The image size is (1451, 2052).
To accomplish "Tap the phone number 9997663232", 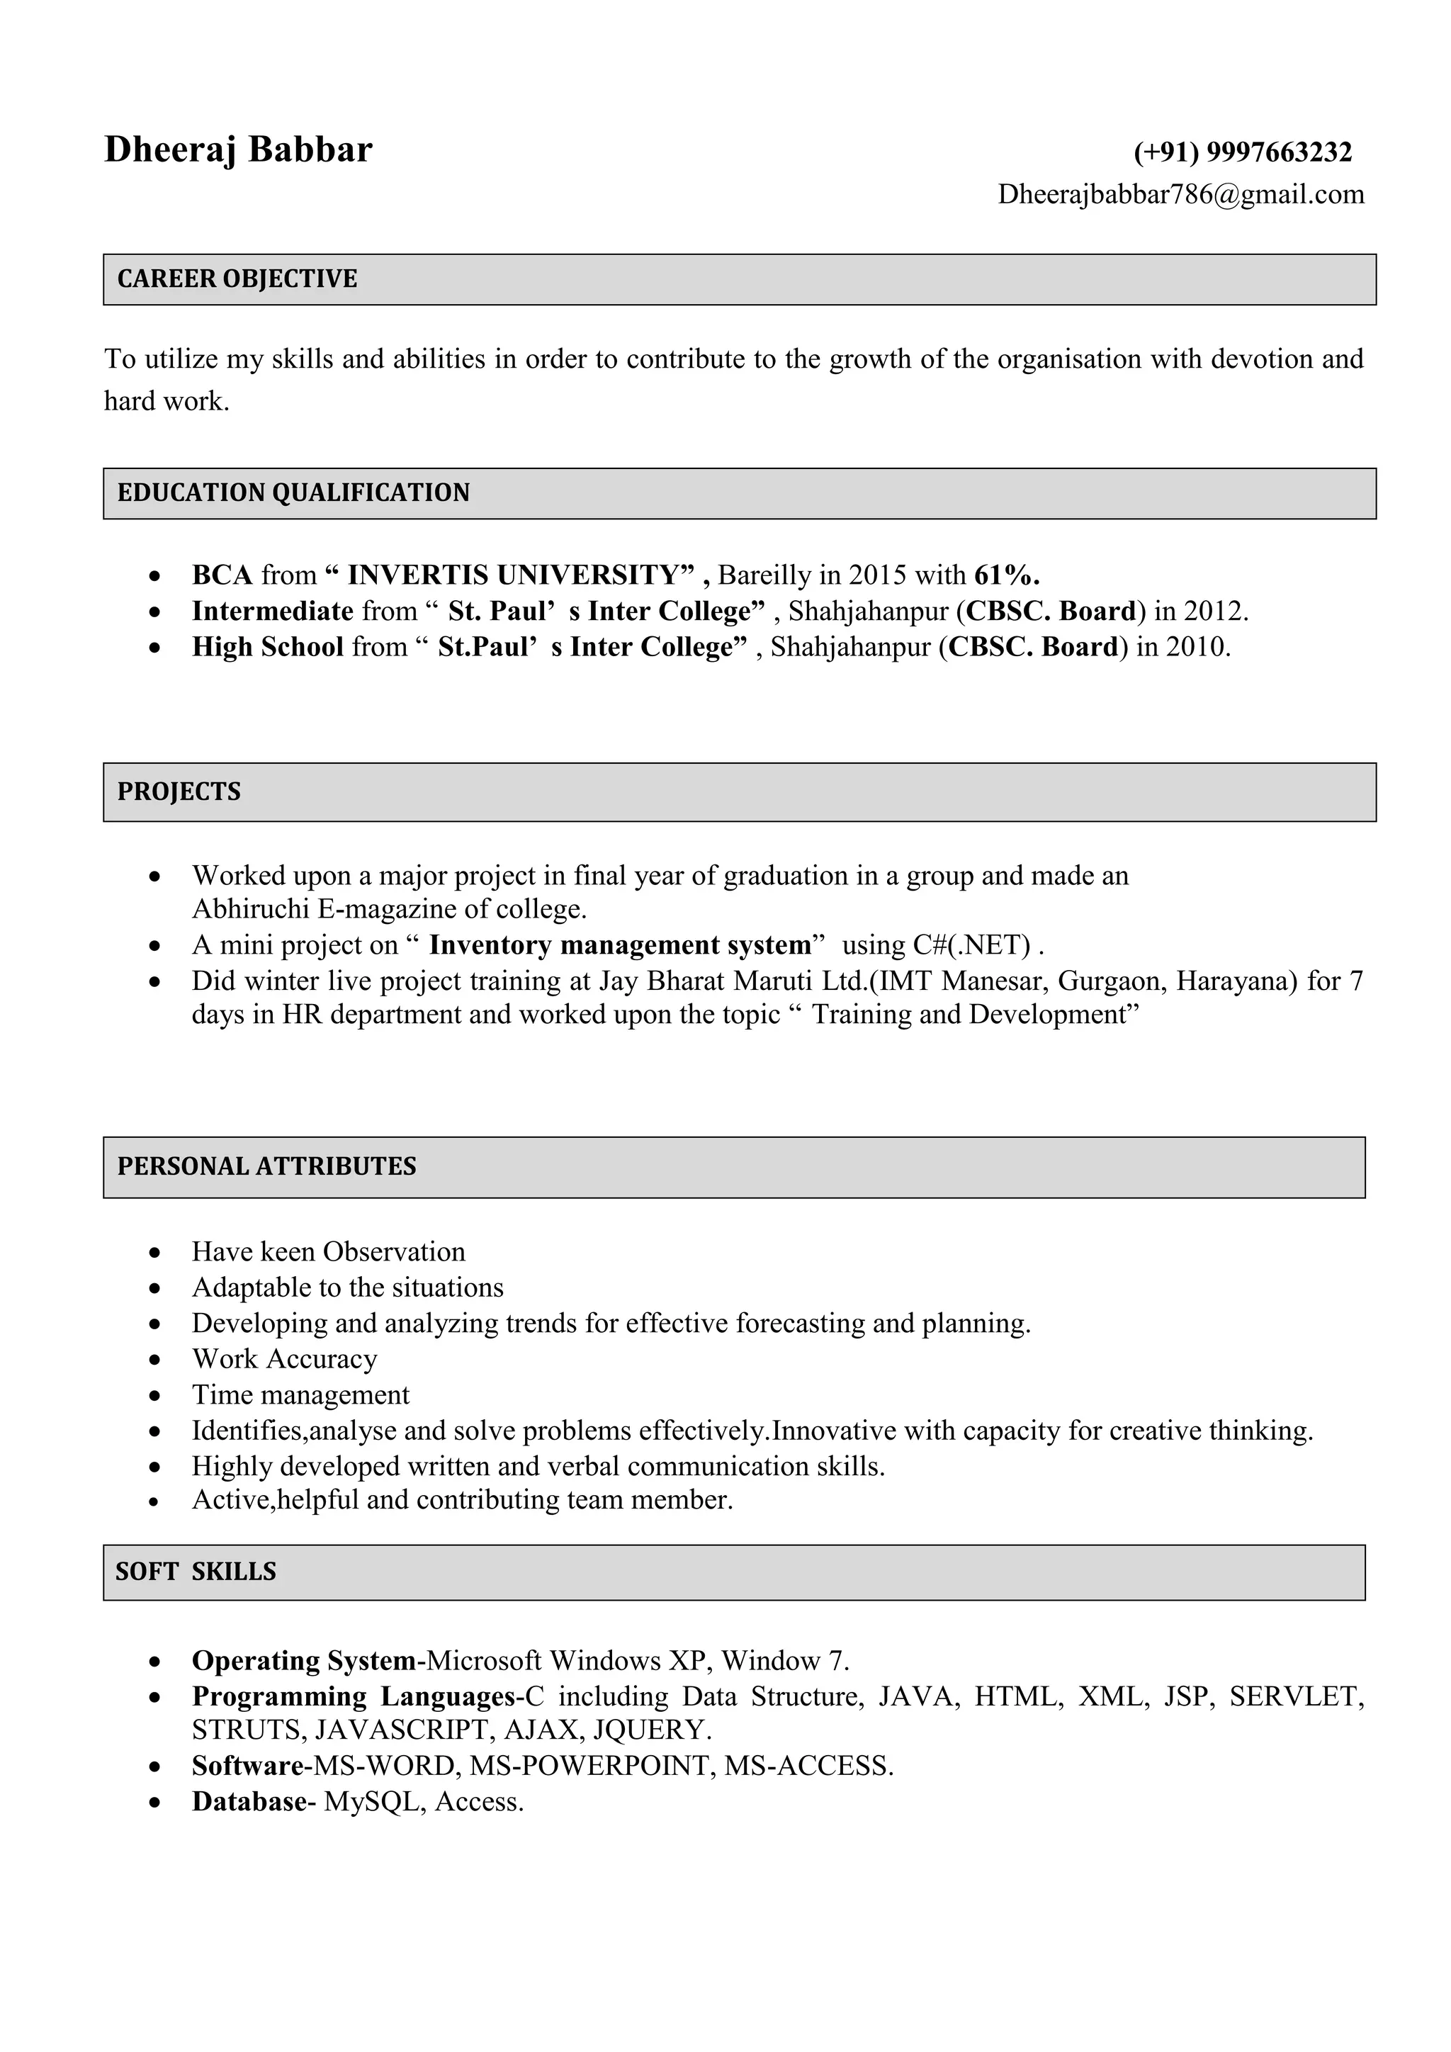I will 1279,152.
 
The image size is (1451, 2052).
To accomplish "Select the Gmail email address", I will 1180,194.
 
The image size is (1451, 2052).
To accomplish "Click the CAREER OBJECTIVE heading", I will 237,279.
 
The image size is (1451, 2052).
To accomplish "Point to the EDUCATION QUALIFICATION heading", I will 293,492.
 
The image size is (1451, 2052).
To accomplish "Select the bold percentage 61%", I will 1006,574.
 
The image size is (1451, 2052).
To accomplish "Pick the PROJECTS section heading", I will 179,792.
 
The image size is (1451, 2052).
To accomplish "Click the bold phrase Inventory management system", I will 619,945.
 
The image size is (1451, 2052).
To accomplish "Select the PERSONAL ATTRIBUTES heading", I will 266,1166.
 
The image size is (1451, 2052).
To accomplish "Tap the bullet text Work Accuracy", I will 284,1358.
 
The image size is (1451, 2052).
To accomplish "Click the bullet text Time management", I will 300,1394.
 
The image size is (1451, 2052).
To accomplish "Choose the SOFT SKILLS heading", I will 196,1571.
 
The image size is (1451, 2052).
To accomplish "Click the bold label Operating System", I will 304,1661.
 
